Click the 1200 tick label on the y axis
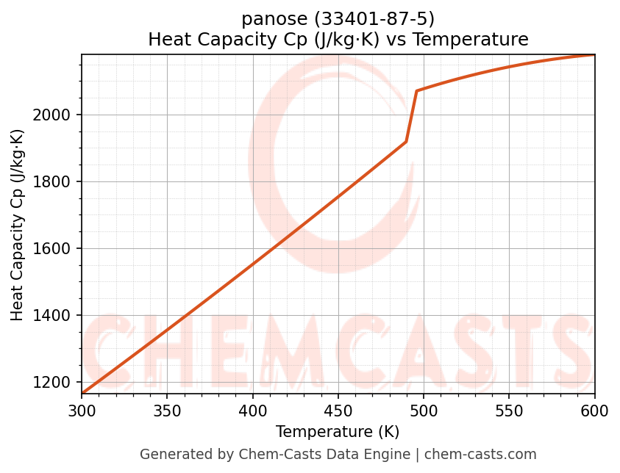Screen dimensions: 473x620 point(56,383)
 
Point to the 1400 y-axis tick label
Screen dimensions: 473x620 point(56,316)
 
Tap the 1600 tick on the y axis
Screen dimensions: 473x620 point(56,249)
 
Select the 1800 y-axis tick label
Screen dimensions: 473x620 point(56,182)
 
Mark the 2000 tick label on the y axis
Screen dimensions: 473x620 point(56,115)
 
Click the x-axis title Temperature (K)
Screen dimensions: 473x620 point(338,432)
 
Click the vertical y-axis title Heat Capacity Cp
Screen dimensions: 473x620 point(18,225)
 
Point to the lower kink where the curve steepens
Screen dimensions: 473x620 point(406,142)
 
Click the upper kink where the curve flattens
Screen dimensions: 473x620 point(416,91)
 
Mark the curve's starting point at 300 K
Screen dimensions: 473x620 point(82,393)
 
